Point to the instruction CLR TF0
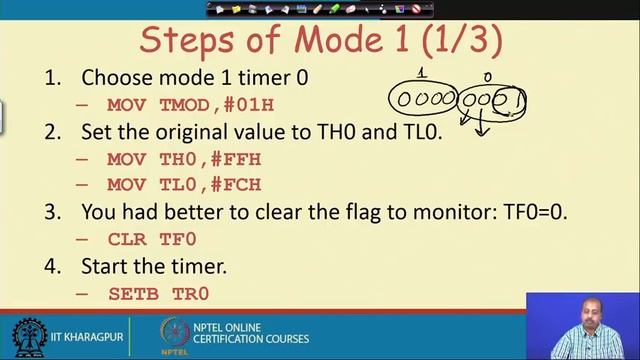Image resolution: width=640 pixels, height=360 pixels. pyautogui.click(x=152, y=239)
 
